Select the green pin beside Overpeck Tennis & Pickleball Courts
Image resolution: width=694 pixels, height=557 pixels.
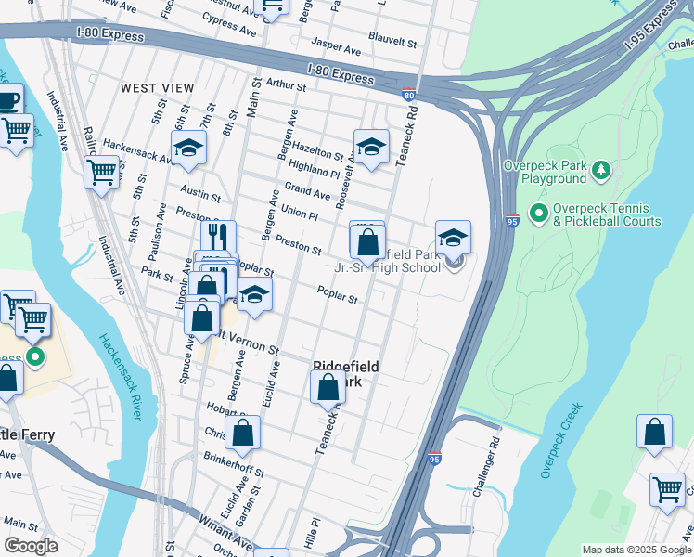(538, 214)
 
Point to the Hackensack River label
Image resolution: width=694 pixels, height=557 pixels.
(120, 376)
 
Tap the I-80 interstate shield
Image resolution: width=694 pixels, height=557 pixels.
(408, 94)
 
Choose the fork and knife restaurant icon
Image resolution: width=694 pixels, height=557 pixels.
(218, 236)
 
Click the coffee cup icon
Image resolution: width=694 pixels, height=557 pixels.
(7, 100)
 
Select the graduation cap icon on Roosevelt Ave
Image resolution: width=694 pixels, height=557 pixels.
(371, 148)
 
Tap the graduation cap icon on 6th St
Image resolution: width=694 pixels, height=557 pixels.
(188, 148)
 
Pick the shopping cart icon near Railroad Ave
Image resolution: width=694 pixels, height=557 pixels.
(101, 172)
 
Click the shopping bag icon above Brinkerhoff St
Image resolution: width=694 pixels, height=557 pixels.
(242, 432)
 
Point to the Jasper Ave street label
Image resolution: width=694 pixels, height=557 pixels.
(336, 45)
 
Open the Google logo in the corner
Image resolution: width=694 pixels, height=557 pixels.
(31, 546)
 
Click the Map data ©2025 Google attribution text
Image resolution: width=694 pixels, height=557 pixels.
(636, 550)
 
